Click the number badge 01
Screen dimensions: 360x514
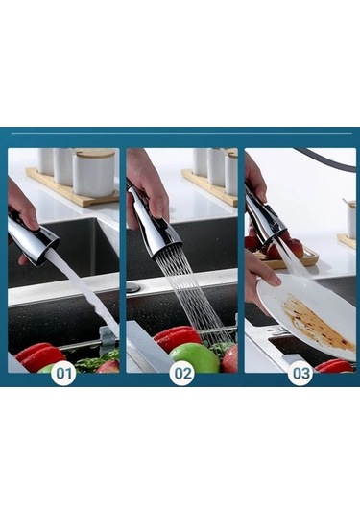[x=64, y=374]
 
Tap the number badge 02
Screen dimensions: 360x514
[x=182, y=374]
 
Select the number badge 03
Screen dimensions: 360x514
[x=300, y=374]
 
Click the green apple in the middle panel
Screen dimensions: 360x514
[x=194, y=357]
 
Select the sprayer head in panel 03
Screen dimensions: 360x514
[x=264, y=216]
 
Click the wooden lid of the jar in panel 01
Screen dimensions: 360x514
[x=95, y=154]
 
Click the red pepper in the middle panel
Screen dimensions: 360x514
[x=177, y=337]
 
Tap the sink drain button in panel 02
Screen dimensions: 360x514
[x=133, y=288]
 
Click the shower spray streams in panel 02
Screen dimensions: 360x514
[x=193, y=295]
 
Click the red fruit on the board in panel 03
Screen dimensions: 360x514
[x=295, y=246]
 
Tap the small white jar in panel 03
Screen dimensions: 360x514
[x=351, y=219]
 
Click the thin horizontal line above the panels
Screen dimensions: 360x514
[x=181, y=134]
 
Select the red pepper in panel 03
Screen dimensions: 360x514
[x=334, y=366]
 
